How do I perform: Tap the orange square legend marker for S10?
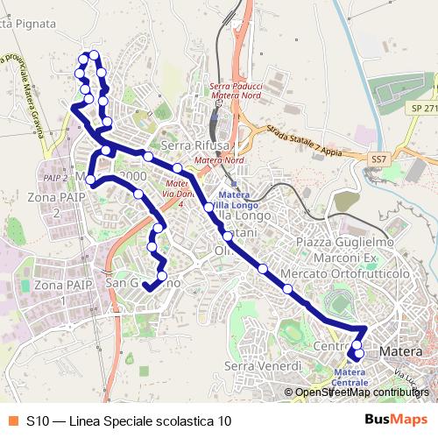click(x=13, y=420)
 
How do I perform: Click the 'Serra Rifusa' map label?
click(x=195, y=145)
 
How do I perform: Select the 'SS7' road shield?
click(x=378, y=159)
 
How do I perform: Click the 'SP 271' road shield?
click(x=423, y=109)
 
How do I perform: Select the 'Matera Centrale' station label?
click(x=350, y=377)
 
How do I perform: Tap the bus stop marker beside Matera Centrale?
click(x=355, y=356)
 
